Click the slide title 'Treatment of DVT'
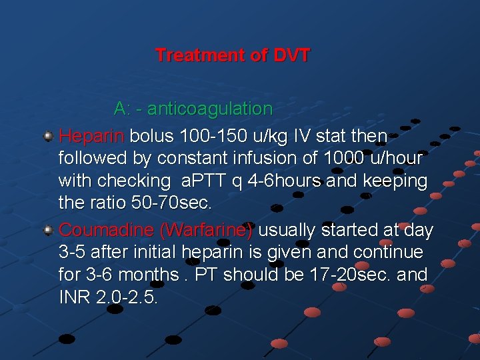click(x=232, y=55)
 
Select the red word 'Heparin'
click(x=91, y=137)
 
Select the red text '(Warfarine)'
click(x=206, y=230)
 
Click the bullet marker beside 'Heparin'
click(x=48, y=136)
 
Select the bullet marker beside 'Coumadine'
click(x=48, y=230)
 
